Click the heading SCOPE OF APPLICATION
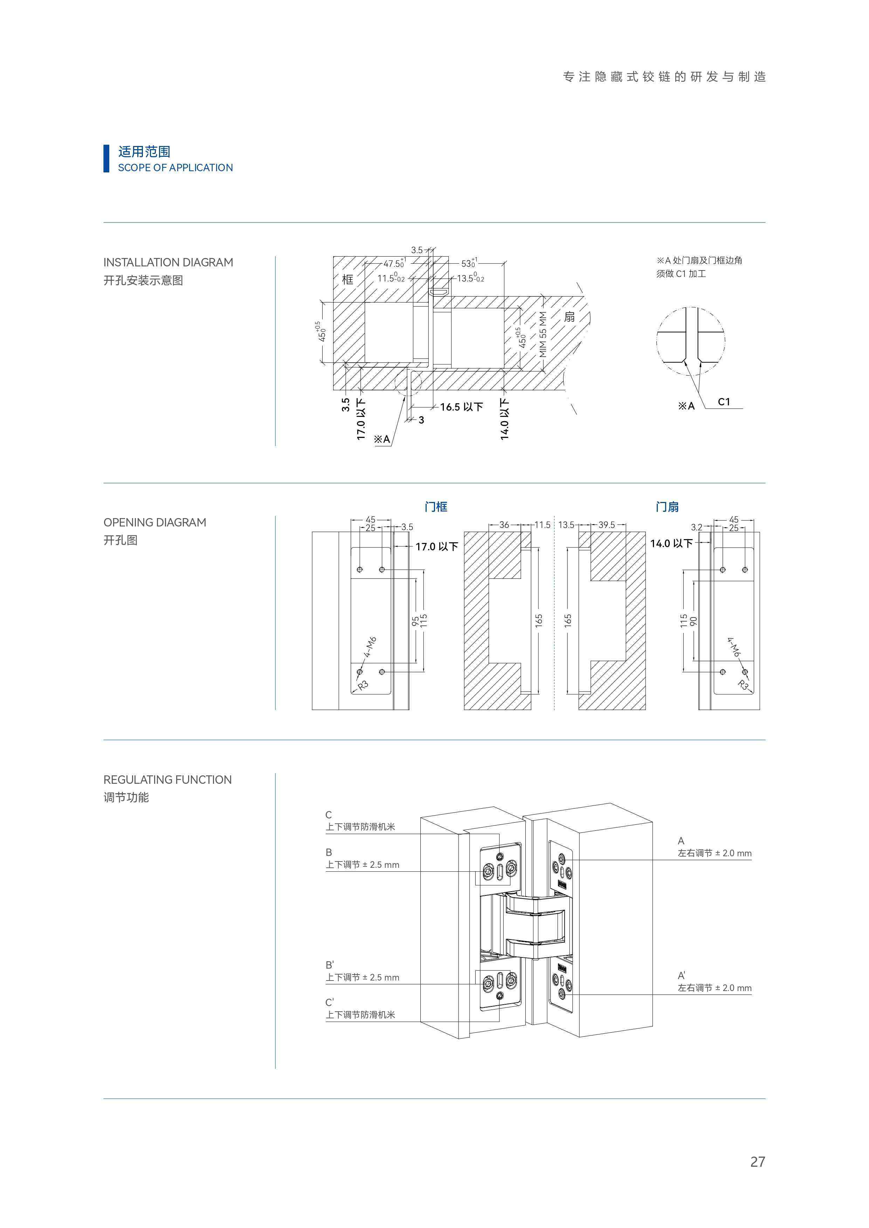pos(175,167)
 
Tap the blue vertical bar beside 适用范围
pos(106,158)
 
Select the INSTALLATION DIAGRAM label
pos(168,262)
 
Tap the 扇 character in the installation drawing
pos(569,317)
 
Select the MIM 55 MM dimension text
pos(543,334)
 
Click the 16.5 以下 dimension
pos(461,407)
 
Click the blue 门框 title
pos(436,507)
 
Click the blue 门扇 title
pos(667,507)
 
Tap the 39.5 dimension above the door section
pos(606,525)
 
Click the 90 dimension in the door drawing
pos(694,621)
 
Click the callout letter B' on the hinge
pos(330,965)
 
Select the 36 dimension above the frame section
pos(504,525)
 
